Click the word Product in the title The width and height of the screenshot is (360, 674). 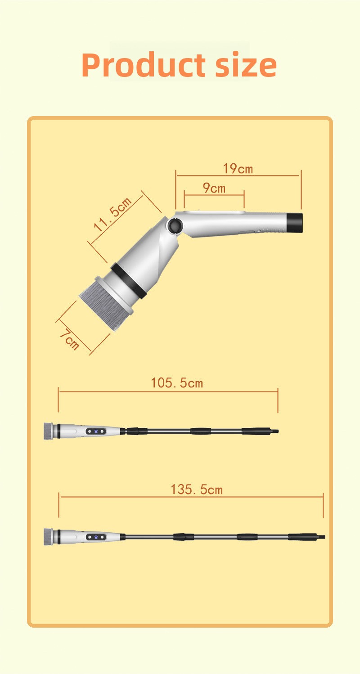(x=143, y=65)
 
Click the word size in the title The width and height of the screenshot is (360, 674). (x=246, y=64)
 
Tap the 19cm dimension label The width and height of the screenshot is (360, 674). (x=238, y=169)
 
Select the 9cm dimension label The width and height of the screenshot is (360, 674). (x=214, y=188)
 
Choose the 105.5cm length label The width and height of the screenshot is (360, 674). (x=177, y=383)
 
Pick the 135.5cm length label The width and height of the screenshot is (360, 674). (x=197, y=490)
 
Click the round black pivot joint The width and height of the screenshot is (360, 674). (x=175, y=225)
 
